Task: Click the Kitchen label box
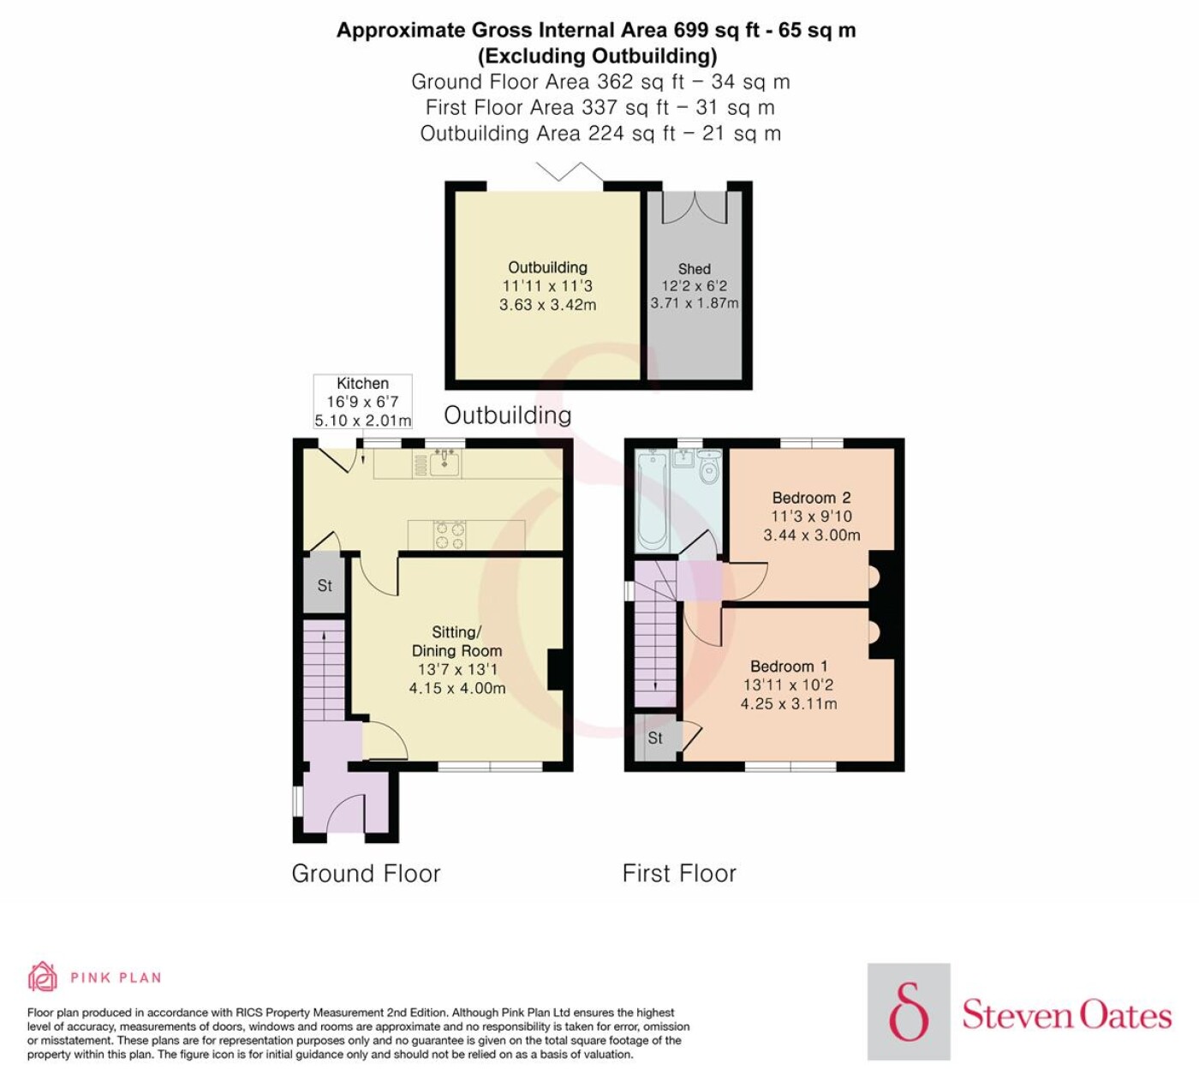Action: (x=363, y=401)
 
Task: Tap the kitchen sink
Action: (x=445, y=463)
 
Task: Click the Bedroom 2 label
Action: (x=811, y=498)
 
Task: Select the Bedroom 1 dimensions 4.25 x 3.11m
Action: (x=789, y=703)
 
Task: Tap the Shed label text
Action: (x=694, y=268)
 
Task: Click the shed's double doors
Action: (x=694, y=207)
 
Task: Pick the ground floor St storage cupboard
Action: (x=325, y=584)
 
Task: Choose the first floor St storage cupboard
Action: (x=655, y=738)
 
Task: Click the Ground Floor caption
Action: (x=366, y=874)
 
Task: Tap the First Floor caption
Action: (x=679, y=873)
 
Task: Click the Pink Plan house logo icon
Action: (x=43, y=977)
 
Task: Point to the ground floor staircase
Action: (x=325, y=671)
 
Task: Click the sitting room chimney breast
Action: (x=557, y=670)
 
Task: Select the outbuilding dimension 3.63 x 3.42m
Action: (x=547, y=304)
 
